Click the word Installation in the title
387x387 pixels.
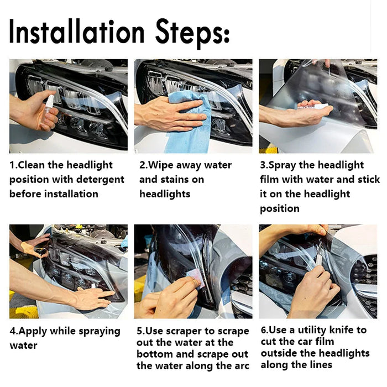point(76,32)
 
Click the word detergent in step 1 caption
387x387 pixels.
point(100,180)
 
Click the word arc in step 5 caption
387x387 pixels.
point(242,366)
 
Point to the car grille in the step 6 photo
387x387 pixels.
point(366,284)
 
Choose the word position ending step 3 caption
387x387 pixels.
point(280,209)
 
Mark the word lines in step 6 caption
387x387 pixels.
point(321,365)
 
